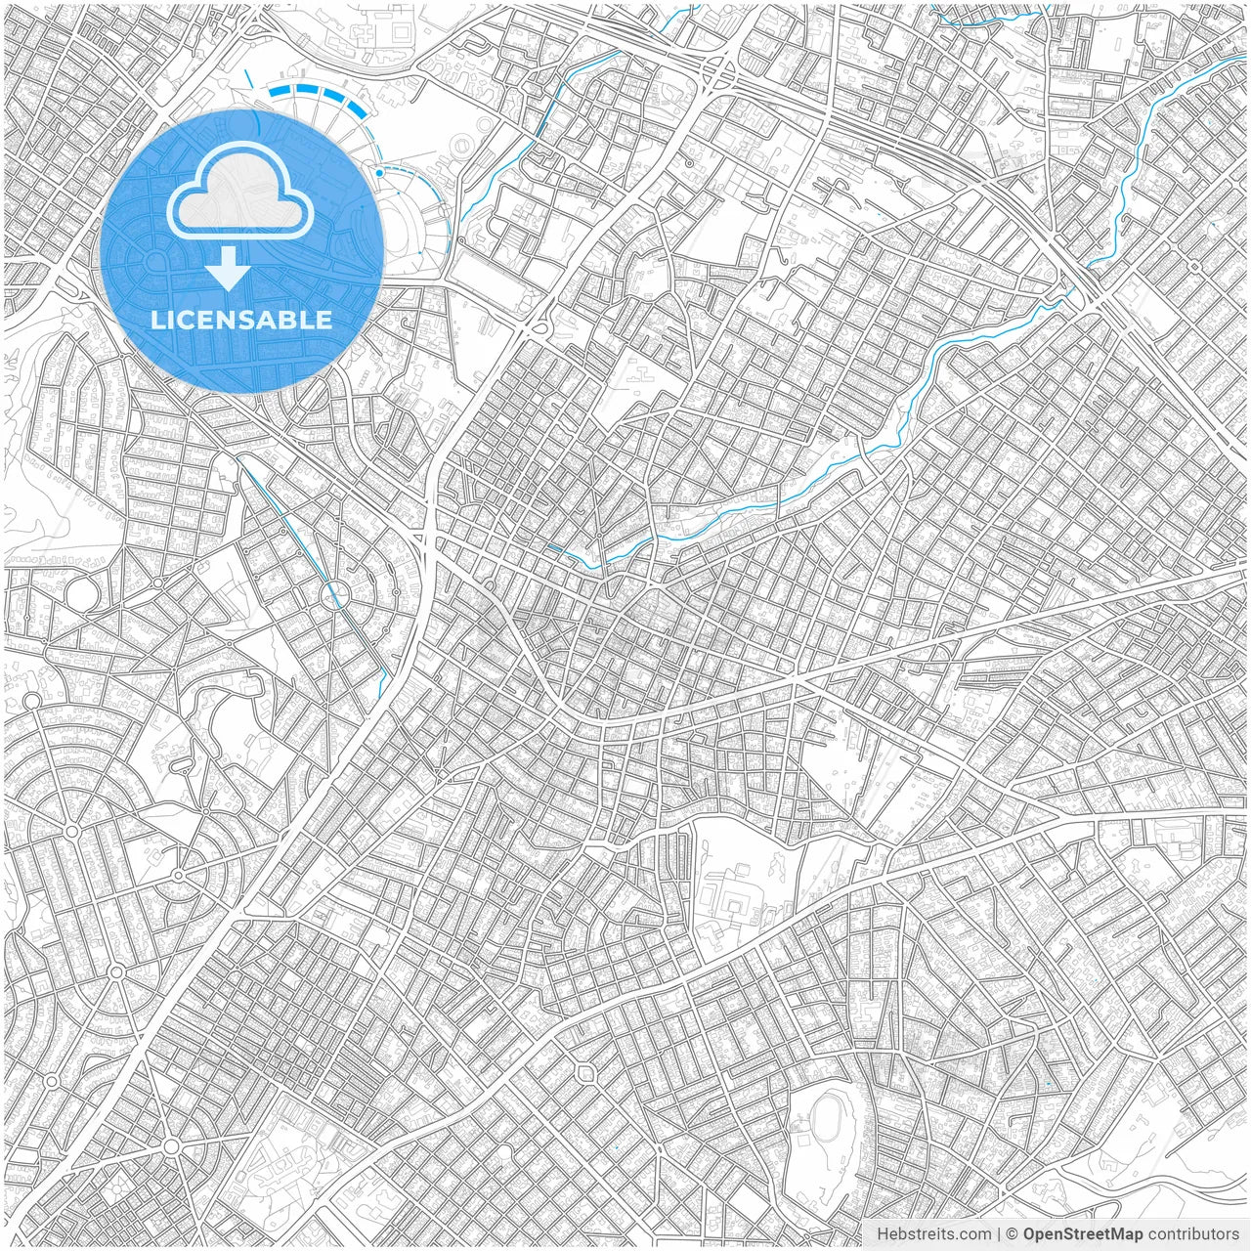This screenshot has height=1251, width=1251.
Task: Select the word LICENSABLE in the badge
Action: click(241, 320)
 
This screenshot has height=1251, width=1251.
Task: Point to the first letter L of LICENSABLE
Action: click(156, 320)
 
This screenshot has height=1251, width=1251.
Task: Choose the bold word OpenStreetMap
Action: click(1082, 1234)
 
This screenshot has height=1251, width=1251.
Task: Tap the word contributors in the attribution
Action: click(1192, 1234)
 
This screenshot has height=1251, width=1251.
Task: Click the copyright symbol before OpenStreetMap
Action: click(1013, 1234)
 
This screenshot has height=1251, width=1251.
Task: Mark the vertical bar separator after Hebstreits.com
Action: click(999, 1234)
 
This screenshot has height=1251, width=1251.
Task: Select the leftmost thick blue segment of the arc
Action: click(283, 91)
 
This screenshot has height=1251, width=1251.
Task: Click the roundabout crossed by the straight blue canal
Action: click(335, 592)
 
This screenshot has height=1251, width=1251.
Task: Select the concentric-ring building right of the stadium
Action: click(459, 148)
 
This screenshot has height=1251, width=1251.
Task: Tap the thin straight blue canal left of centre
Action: click(293, 528)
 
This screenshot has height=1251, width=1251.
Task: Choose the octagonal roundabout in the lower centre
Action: click(586, 1074)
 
